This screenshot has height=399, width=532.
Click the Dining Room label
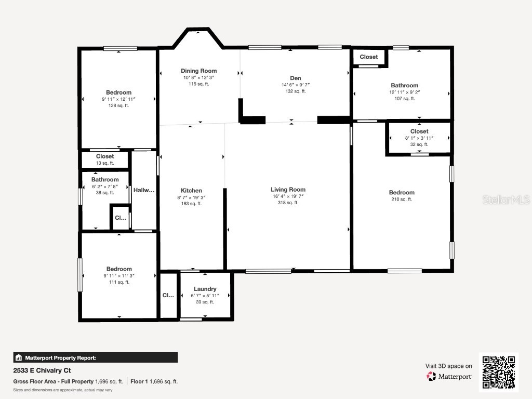coord(198,71)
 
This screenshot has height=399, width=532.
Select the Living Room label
coord(288,190)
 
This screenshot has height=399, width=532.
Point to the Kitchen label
coord(191,190)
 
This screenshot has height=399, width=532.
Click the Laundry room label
coord(205,289)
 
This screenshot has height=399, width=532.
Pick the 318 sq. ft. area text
coord(288,203)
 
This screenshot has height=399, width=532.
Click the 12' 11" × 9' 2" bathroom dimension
coord(404,92)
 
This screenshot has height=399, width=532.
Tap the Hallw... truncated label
coord(144,190)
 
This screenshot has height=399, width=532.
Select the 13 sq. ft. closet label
coord(105,163)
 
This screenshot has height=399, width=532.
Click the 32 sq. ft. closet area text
coord(419,145)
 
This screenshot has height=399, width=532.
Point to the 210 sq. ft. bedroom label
coord(402,199)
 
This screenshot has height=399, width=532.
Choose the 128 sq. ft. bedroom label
coord(118,105)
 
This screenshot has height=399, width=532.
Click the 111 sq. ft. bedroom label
coord(119,282)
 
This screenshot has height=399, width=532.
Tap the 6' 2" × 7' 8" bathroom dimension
coord(105,186)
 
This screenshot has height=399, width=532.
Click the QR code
coord(498,371)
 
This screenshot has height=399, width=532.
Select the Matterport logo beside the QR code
coord(449,376)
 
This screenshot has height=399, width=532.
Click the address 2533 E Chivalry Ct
coord(42,370)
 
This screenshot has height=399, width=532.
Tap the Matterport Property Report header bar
coord(96,357)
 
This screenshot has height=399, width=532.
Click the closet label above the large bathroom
coord(369,57)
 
